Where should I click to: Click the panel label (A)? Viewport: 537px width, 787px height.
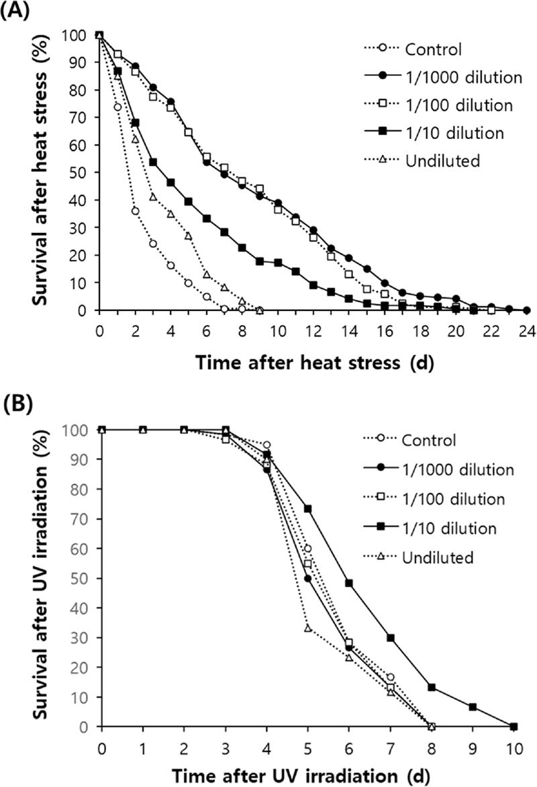coord(15,11)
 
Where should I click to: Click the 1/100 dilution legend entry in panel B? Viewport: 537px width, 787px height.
coord(454,499)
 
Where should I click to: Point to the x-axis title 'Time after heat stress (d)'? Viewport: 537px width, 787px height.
coord(314,364)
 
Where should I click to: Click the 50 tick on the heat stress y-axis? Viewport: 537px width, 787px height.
coord(80,173)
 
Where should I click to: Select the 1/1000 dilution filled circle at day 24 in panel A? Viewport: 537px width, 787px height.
coord(526,310)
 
